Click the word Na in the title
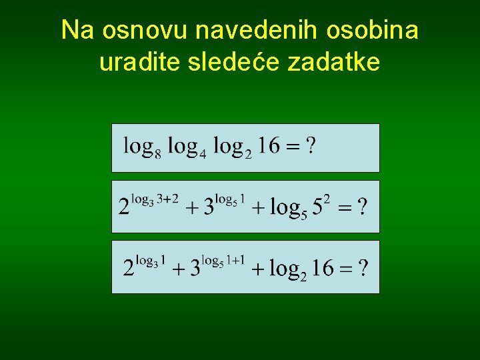[75, 30]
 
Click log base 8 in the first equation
[142, 147]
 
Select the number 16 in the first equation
[269, 145]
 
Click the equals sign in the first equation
[292, 146]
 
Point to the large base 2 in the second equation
[124, 207]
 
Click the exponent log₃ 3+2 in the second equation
[155, 198]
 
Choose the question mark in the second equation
[361, 207]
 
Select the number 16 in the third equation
[323, 268]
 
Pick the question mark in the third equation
[363, 268]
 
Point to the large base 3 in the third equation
[195, 269]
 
